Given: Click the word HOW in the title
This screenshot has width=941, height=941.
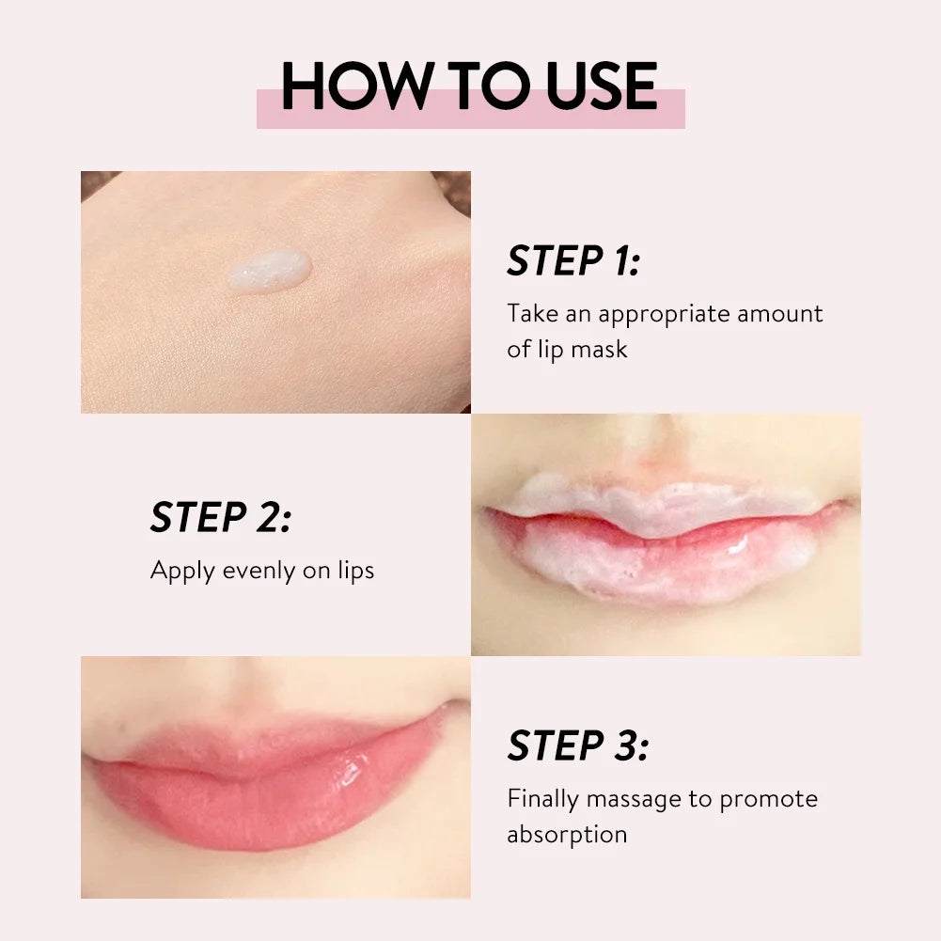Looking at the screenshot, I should point(348,86).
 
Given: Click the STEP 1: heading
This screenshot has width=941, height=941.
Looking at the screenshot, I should point(572,261).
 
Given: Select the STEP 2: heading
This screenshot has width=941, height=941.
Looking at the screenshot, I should point(220,518).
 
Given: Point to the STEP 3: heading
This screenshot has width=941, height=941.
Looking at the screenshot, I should point(577,746).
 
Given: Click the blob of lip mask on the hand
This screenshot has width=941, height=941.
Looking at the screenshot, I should point(268,270).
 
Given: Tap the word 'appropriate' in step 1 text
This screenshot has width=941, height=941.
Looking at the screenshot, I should point(663,313).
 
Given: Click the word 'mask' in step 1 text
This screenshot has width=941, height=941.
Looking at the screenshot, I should point(599,349).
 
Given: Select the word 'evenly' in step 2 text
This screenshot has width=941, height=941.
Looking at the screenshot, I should point(257,571).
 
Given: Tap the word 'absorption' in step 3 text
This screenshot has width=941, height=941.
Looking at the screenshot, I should point(567,834).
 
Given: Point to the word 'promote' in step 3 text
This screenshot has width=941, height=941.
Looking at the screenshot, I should point(768,799).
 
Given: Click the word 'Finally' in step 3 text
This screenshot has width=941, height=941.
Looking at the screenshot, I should point(542,799).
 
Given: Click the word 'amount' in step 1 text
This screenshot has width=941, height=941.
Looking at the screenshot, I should point(780,313).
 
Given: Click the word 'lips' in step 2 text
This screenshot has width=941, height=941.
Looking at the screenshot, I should point(354,571).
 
